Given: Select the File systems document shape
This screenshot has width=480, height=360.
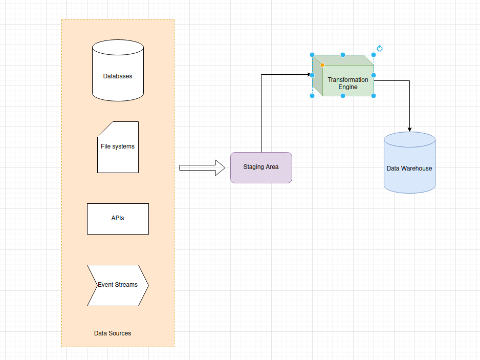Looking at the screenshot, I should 118,147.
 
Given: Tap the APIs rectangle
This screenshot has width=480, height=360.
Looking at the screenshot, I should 118,219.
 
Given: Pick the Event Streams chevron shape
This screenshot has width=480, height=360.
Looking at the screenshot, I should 118,285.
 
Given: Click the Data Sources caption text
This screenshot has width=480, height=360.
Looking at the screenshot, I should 113,333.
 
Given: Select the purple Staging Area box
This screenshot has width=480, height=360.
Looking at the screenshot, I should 261,167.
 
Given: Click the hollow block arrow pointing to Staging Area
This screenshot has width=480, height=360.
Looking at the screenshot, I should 202,167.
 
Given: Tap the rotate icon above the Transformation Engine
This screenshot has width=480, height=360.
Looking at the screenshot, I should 380,49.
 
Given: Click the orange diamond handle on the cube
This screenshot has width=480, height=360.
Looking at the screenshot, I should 322,65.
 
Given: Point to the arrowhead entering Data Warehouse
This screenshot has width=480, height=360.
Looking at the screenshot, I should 409,129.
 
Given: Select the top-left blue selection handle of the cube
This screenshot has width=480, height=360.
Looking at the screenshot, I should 312,55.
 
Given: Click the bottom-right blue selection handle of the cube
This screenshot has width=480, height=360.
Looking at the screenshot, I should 374,96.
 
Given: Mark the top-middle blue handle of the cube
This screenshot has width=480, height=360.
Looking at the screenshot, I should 343,55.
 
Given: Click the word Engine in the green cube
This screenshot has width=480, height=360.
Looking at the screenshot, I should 348,87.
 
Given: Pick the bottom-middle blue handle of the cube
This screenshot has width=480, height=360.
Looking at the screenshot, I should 343,96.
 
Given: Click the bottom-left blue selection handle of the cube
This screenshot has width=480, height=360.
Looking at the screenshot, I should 312,96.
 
